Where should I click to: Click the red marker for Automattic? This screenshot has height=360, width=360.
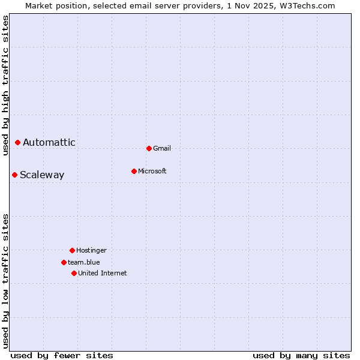17,142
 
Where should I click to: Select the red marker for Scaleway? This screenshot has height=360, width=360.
14,175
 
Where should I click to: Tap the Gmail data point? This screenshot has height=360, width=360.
149,148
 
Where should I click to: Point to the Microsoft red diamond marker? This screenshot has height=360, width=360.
134,171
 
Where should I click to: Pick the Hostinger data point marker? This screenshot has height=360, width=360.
72,250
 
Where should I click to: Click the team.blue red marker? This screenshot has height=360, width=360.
64,262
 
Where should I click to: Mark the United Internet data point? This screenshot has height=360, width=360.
74,273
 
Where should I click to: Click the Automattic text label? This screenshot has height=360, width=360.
49,142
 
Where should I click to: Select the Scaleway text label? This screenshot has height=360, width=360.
42,175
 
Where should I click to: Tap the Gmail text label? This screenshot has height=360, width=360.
162,148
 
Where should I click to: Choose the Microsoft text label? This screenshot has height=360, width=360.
152,171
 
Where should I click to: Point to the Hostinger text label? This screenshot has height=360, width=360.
91,250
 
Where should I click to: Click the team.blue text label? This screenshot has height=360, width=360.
84,262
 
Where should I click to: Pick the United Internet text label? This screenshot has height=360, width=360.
103,273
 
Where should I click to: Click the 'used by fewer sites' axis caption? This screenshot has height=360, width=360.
62,355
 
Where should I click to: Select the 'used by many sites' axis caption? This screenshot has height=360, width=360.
301,355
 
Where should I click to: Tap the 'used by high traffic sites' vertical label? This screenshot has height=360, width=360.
5,85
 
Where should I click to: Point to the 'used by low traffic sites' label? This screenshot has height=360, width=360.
5,281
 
